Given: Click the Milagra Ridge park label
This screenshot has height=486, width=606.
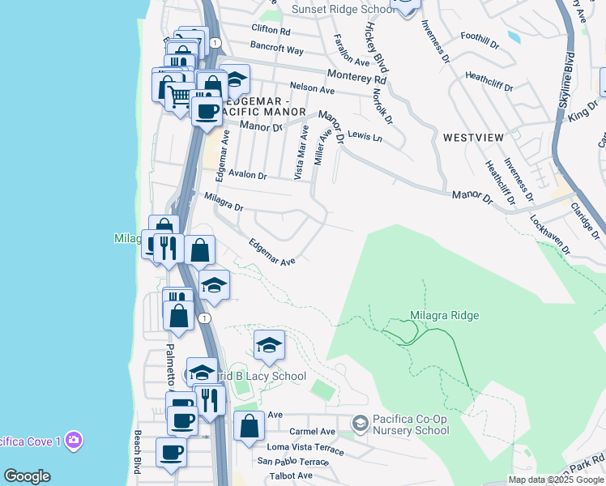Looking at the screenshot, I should coord(444,315).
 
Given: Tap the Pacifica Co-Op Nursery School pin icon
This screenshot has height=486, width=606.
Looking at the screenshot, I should coord(360,422).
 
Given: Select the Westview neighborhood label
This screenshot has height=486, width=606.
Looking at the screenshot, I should coord(475,138).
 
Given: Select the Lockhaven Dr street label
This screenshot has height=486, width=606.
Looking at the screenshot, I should coord(552,235).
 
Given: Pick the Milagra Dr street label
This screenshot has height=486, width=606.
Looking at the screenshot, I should coord(224,202).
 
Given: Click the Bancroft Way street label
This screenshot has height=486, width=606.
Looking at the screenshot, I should coord(277,49).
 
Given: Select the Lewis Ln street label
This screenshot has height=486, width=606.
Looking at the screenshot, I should coord(364,136).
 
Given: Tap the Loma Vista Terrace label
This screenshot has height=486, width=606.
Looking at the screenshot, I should coord(301,446).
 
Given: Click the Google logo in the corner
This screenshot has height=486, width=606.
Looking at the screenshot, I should coord(27,475).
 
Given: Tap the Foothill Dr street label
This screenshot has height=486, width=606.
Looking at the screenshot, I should coord(483,36).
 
